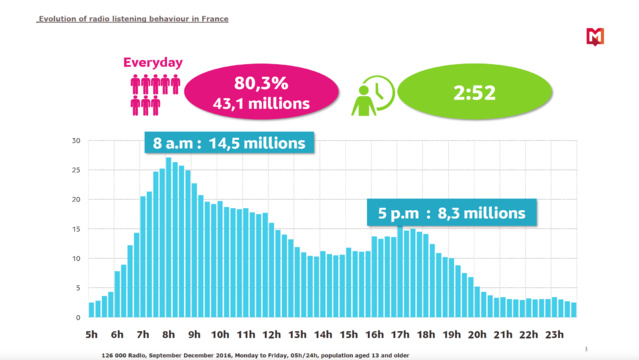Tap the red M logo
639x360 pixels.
[595, 38]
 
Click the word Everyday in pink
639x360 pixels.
[153, 62]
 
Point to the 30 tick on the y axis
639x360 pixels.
[76, 141]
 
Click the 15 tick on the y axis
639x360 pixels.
[76, 229]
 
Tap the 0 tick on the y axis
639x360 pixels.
[79, 318]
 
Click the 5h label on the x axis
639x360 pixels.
[92, 335]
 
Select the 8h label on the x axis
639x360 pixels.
[168, 335]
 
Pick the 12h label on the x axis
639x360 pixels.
[271, 335]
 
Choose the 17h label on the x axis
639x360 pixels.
[400, 335]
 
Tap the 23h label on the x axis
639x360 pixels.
[554, 335]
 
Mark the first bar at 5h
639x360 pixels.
[92, 310]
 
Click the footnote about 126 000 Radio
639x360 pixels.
[255, 355]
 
